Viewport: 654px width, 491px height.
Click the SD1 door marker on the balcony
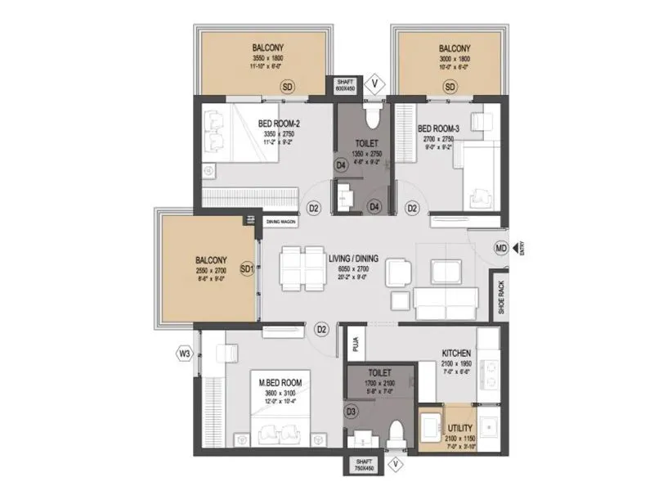(246, 268)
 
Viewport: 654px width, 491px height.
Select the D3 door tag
(352, 411)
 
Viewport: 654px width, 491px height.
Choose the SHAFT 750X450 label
(363, 466)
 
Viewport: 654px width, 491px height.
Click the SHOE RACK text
(500, 296)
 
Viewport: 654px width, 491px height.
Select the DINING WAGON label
(280, 222)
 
